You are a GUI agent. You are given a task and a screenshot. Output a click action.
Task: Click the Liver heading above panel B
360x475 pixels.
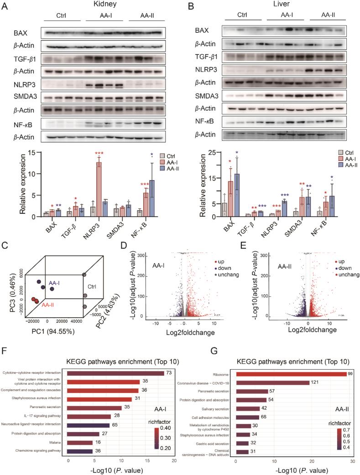click(285, 5)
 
